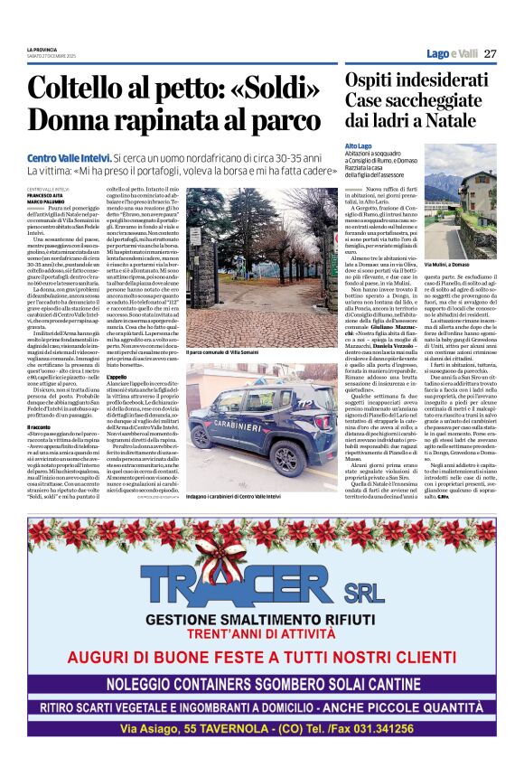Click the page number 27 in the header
pos(490,54)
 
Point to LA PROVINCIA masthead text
pos(42,49)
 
